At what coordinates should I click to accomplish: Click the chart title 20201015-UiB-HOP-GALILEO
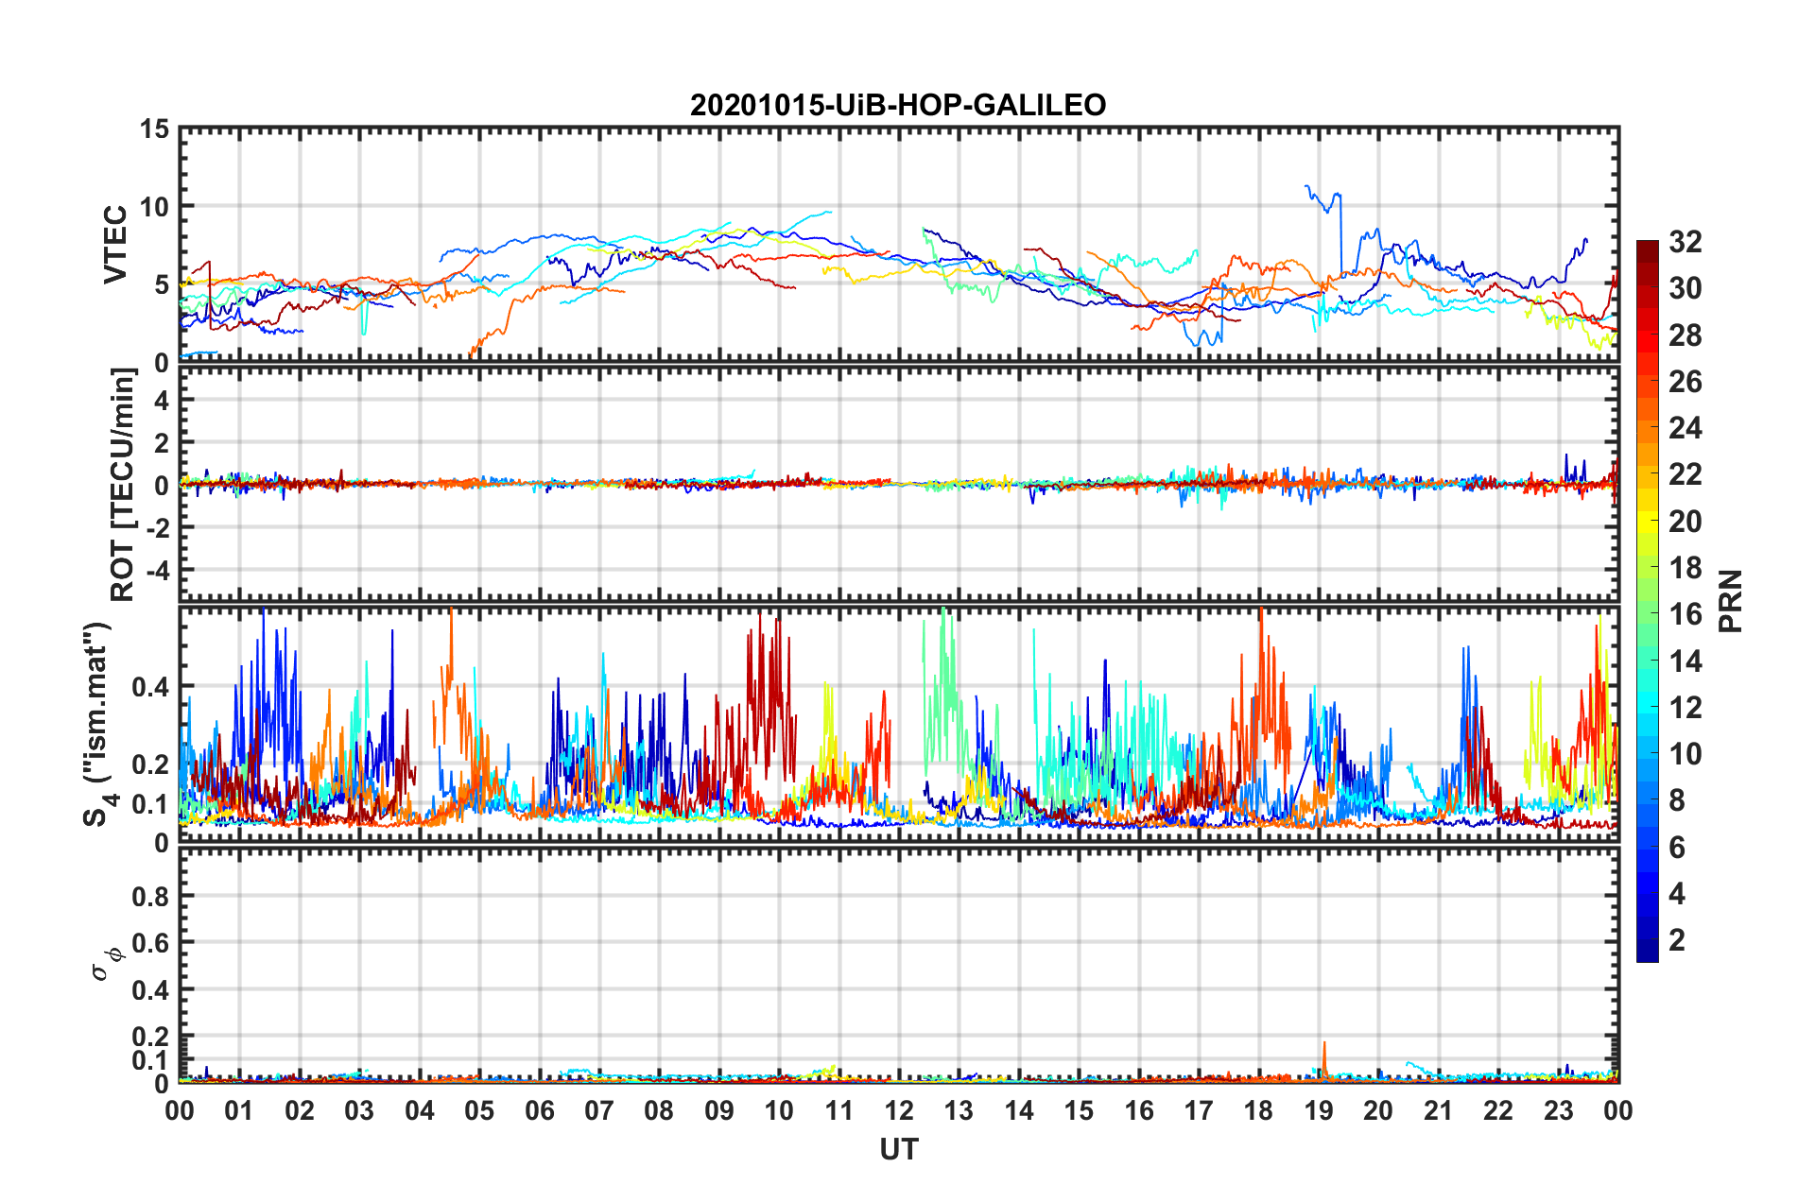(898, 105)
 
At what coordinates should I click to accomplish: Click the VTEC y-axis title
(115, 244)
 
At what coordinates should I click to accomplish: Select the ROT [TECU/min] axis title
(123, 485)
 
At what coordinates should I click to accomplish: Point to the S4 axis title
(99, 725)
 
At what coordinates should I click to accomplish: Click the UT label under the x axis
(898, 1149)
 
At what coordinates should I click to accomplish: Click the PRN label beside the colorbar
(1730, 601)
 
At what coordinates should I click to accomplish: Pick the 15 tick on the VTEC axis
(153, 129)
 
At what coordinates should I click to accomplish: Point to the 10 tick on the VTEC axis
(153, 207)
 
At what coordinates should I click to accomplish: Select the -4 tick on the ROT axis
(159, 571)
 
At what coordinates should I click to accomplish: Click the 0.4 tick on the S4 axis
(151, 687)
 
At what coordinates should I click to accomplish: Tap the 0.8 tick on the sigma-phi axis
(151, 896)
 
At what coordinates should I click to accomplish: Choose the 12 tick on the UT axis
(899, 1111)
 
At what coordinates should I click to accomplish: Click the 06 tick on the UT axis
(540, 1111)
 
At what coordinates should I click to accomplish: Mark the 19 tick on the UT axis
(1319, 1111)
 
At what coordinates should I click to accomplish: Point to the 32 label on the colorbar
(1685, 242)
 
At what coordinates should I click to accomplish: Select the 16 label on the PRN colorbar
(1685, 614)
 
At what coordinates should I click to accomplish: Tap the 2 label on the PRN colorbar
(1677, 940)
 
